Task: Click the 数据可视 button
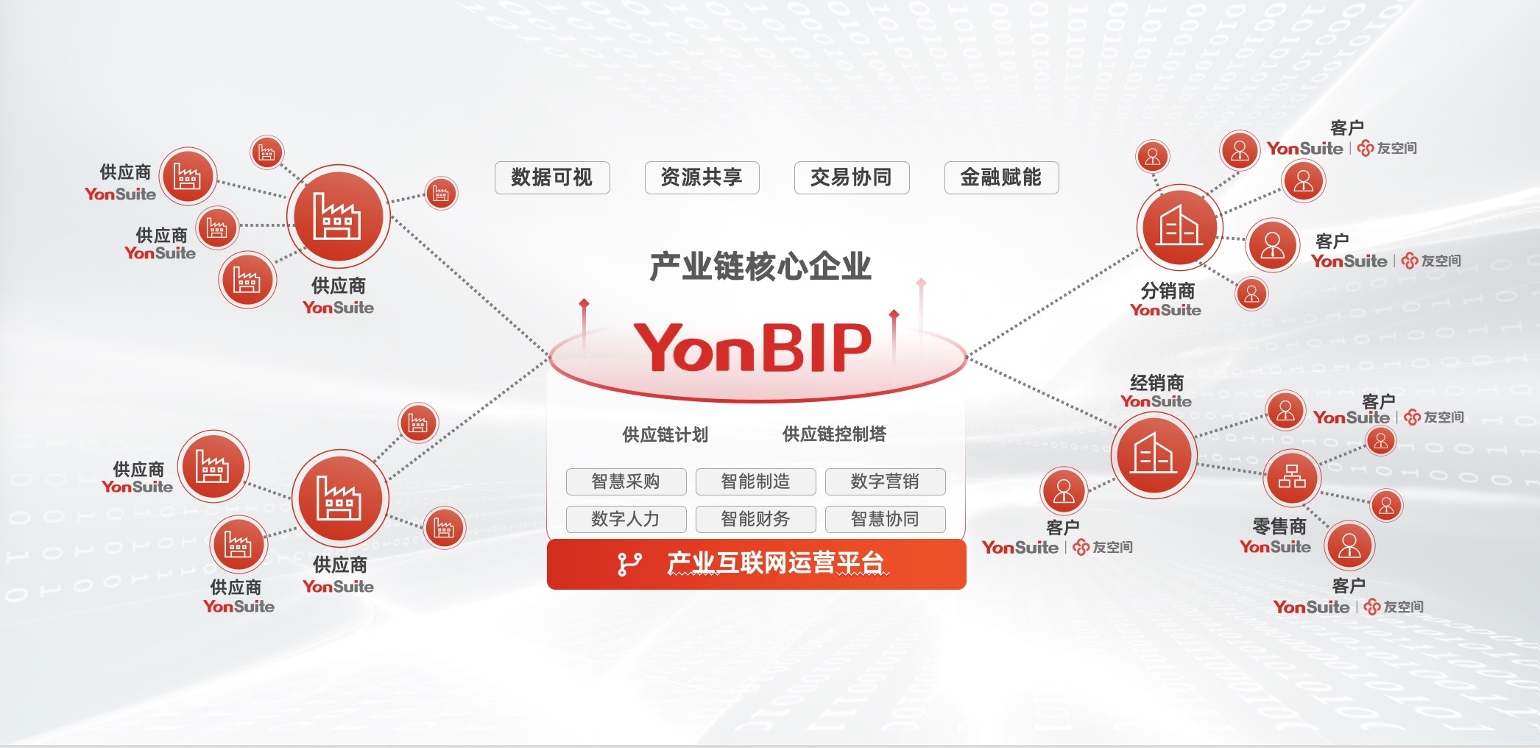pos(552,177)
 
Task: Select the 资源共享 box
pos(702,177)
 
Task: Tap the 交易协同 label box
pos(852,177)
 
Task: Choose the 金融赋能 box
pos(1001,177)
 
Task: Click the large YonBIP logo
pos(753,347)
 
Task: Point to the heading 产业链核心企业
pos(760,267)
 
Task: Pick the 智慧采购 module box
pos(626,481)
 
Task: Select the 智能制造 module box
pos(756,481)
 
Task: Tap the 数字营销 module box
pos(885,481)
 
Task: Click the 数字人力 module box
pos(626,519)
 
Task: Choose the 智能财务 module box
pos(756,519)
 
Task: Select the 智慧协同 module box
pos(885,519)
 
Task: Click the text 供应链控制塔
pos(834,434)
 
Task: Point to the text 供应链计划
pos(665,435)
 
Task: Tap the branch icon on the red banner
pos(629,564)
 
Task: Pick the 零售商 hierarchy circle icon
pos(1292,477)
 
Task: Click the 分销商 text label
pos(1168,290)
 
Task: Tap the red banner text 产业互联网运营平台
pos(777,563)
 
